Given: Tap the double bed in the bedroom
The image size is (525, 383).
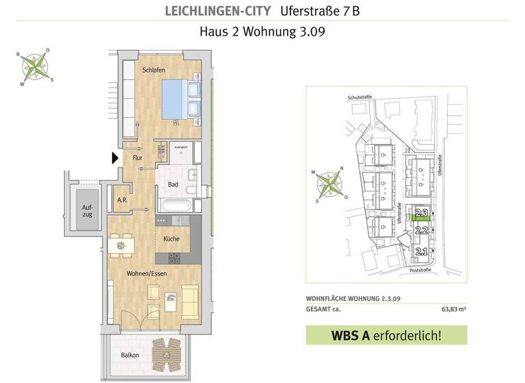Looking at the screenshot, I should pos(181,101).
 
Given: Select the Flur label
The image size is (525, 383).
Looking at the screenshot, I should pos(137,158).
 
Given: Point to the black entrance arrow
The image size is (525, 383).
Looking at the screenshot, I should pos(115,159).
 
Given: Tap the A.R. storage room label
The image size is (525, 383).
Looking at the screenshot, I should pos(122,200).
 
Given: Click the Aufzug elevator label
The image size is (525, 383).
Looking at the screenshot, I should pos(87,209).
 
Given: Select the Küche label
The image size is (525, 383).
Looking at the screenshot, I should pos(172,239).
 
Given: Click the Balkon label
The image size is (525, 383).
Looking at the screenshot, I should pos(130,355).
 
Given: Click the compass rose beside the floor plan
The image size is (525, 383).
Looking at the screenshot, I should pos(36,66).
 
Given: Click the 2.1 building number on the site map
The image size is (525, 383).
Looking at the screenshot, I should pos(421,252).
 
